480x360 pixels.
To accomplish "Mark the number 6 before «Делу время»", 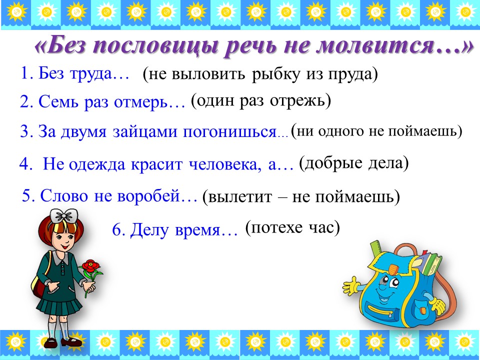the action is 117,229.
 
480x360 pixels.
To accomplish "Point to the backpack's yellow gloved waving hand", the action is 351,286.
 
